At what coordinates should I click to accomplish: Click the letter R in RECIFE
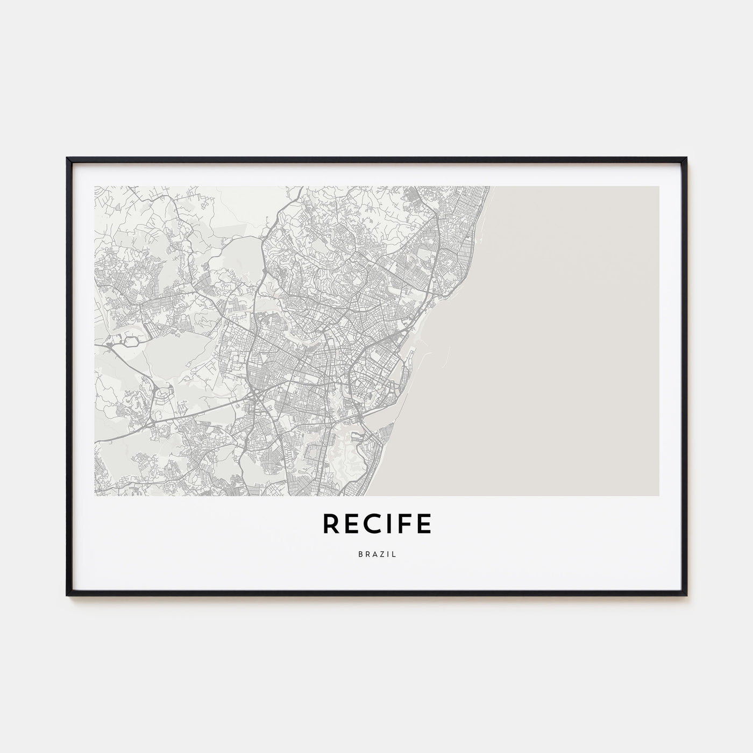click(x=331, y=524)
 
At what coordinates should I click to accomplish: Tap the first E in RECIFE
click(x=351, y=524)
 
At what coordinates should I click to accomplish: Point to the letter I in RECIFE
click(x=388, y=524)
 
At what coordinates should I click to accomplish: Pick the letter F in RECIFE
click(x=403, y=524)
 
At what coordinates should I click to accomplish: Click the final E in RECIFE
click(x=423, y=524)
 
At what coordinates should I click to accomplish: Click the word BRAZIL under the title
click(x=376, y=555)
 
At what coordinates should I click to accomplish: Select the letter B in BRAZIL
click(x=359, y=555)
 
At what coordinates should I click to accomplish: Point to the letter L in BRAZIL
click(x=394, y=555)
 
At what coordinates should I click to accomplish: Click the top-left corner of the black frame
click(x=68, y=158)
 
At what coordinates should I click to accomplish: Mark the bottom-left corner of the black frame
click(x=68, y=595)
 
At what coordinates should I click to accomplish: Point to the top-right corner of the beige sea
click(x=658, y=187)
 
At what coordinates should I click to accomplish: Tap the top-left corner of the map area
click(x=95, y=187)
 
